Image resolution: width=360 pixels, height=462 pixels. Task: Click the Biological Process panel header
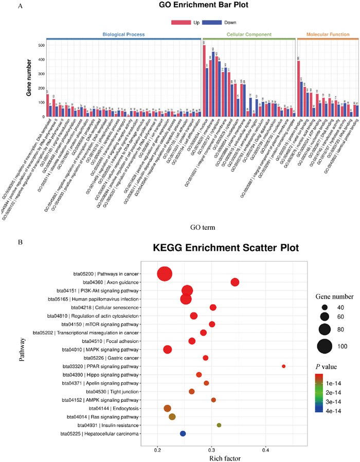[x=123, y=35]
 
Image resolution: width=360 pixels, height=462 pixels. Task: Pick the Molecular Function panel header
[x=327, y=35]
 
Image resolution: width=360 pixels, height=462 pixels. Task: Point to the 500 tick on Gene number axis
[x=40, y=45]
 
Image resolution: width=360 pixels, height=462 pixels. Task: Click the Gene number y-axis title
[x=29, y=76]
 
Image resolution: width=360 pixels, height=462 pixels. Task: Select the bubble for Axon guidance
[x=235, y=282]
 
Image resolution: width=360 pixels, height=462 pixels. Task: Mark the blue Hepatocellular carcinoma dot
[x=183, y=434]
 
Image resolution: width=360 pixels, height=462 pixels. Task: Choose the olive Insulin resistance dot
[x=219, y=426]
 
